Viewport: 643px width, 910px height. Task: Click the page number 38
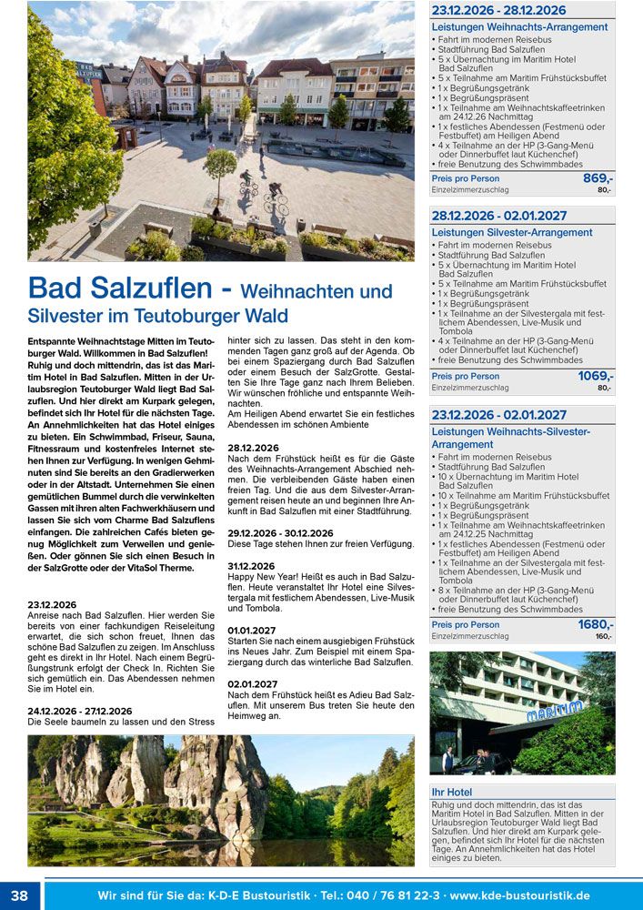click(19, 895)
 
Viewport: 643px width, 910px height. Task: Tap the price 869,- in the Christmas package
click(598, 178)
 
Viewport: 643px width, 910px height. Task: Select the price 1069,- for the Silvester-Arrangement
click(595, 376)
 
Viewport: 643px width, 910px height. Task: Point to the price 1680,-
click(595, 624)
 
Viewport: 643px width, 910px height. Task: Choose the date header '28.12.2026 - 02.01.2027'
click(499, 216)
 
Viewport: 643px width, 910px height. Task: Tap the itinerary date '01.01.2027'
click(253, 630)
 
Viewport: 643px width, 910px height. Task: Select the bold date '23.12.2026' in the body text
click(52, 604)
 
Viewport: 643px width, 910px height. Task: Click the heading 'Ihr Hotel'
click(452, 793)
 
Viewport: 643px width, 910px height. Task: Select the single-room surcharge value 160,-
click(603, 637)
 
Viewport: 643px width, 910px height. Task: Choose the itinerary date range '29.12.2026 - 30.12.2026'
click(280, 533)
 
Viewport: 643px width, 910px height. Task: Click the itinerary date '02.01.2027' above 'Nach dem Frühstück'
click(253, 683)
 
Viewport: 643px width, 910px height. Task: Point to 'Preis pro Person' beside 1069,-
click(465, 377)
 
